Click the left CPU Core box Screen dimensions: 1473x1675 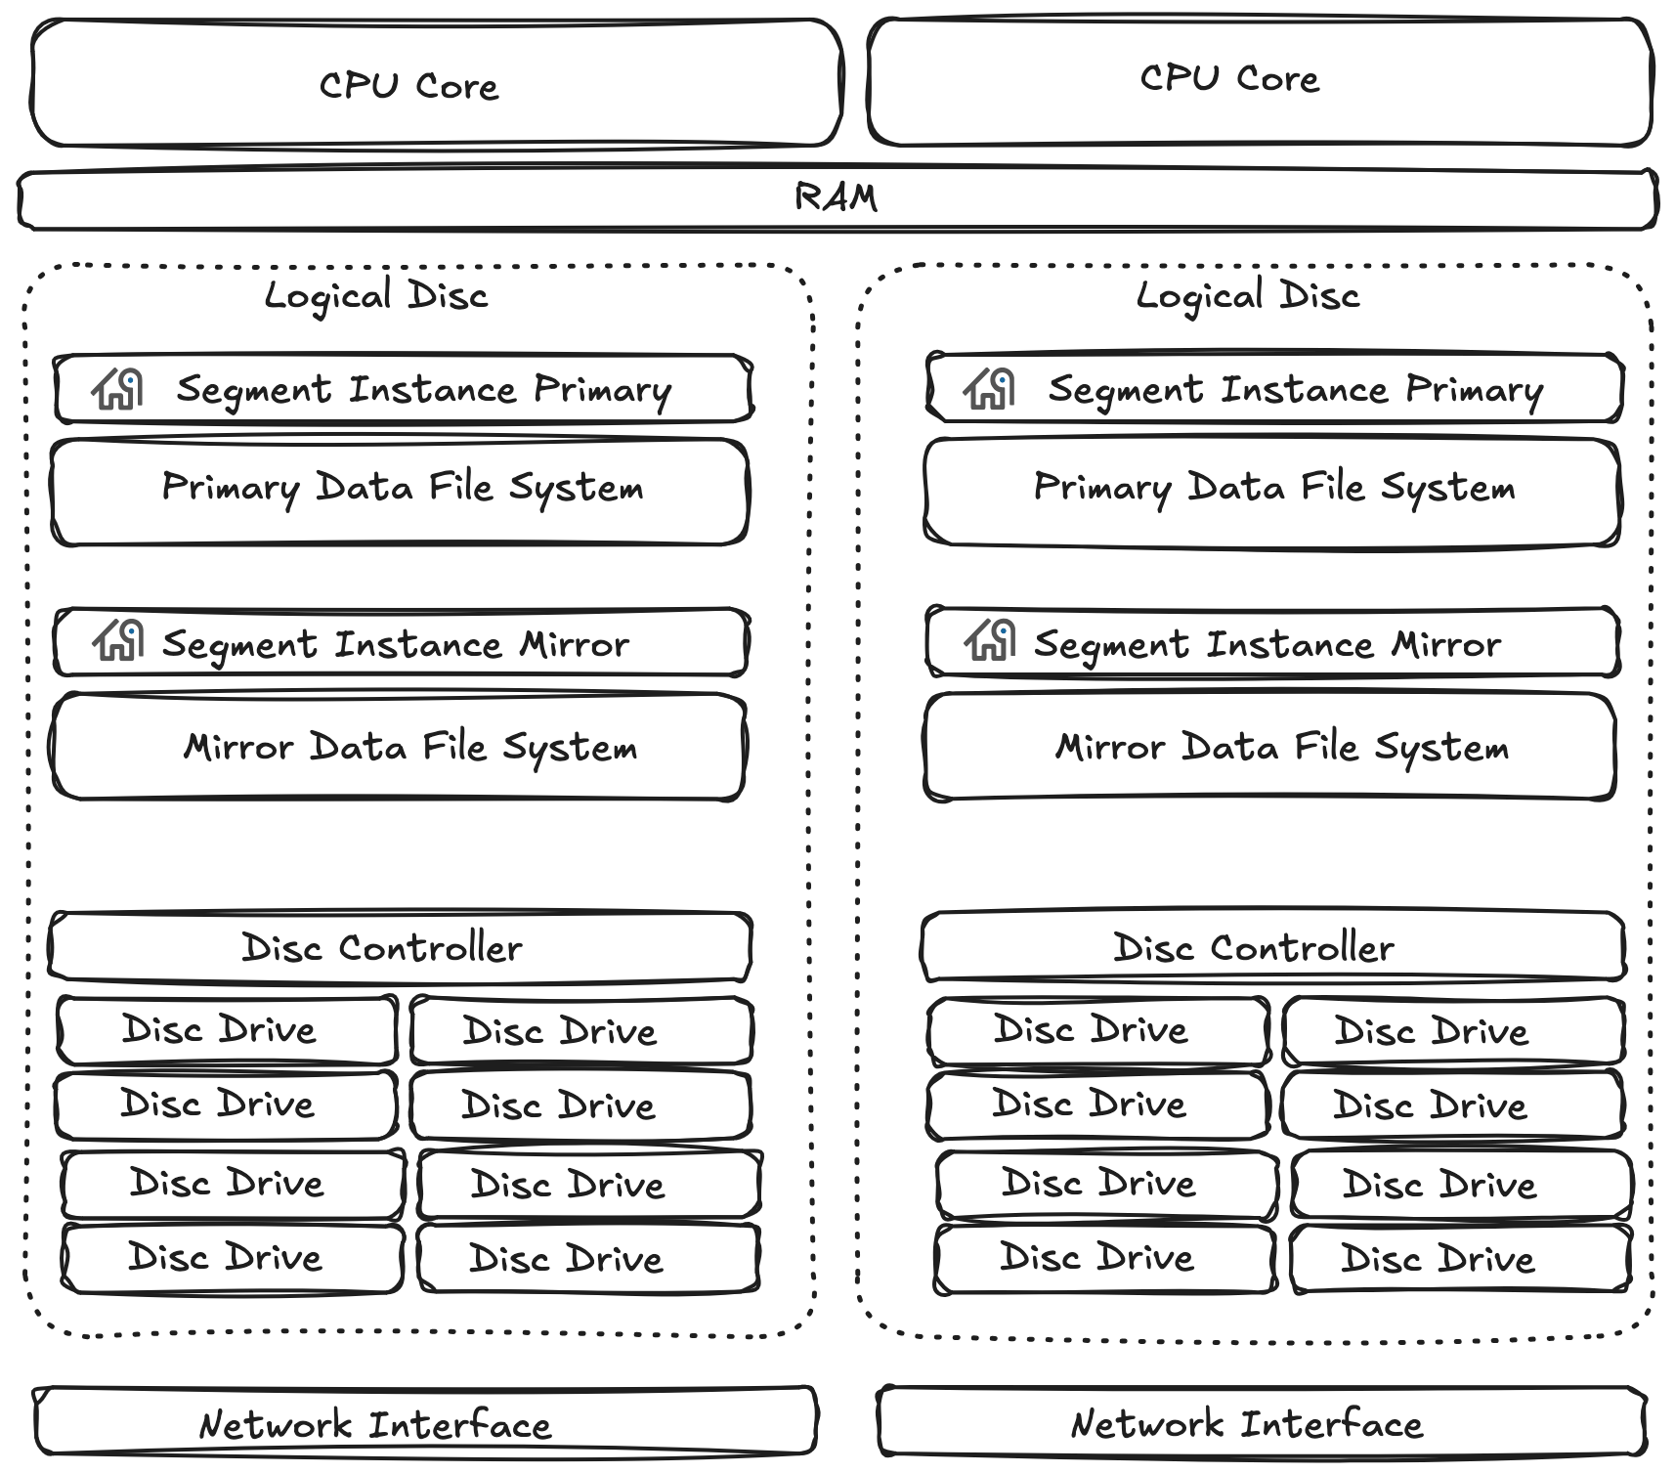[435, 85]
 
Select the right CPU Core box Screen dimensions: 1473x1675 [1259, 80]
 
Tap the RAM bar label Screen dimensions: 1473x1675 [836, 198]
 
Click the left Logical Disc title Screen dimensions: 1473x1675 [376, 295]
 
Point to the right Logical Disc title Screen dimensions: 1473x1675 [1248, 295]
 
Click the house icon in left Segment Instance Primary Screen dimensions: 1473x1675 [118, 388]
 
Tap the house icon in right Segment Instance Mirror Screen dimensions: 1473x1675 [990, 641]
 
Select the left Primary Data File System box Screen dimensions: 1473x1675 [401, 491]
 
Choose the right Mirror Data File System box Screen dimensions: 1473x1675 [1268, 748]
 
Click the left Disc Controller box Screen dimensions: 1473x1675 [401, 946]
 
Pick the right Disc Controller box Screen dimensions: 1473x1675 [1272, 946]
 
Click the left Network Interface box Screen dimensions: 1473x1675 [425, 1422]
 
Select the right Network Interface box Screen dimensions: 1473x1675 [1261, 1422]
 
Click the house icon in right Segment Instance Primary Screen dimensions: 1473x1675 [990, 388]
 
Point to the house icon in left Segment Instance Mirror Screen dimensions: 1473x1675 [119, 641]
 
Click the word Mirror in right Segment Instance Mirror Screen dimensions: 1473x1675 [1445, 645]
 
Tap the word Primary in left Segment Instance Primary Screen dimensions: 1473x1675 [602, 391]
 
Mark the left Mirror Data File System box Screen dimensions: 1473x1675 [399, 748]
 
